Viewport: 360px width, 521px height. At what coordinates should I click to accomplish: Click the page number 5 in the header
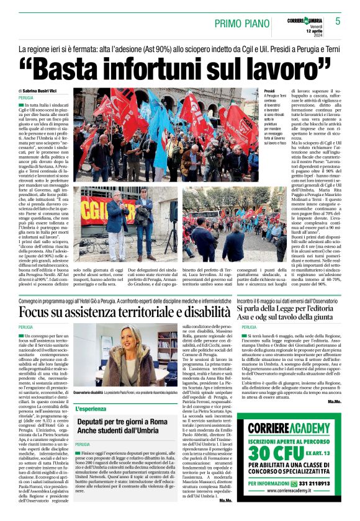tap(338, 21)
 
